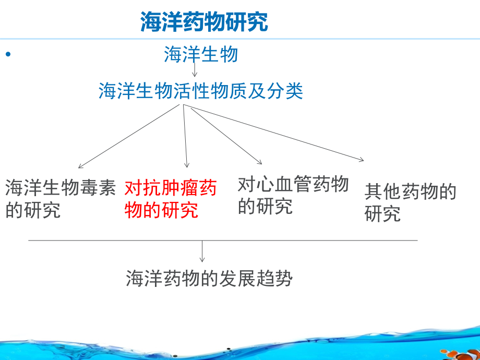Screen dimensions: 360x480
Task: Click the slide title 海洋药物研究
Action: (205, 22)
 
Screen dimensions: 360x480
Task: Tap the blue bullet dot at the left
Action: (8, 54)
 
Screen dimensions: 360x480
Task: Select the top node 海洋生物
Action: (201, 54)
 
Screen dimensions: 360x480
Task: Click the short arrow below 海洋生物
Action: (195, 70)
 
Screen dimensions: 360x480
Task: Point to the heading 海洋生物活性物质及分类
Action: (201, 92)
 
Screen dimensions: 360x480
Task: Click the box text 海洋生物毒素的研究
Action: (60, 199)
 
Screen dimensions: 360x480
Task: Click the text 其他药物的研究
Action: (410, 202)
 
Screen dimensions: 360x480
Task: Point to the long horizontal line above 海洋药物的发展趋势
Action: (223, 241)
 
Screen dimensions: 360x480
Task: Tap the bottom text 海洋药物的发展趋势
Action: (209, 279)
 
